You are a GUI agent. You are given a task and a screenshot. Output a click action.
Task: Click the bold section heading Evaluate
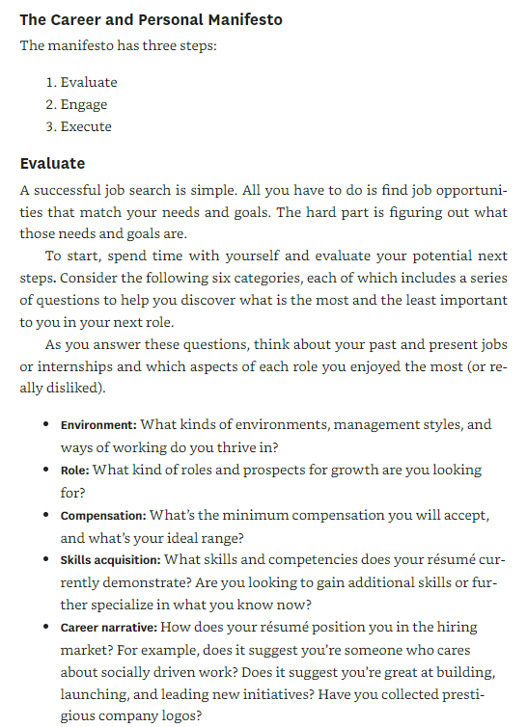(52, 163)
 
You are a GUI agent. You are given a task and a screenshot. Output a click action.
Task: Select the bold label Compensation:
(103, 515)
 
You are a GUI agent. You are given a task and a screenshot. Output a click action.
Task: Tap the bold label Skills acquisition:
(111, 559)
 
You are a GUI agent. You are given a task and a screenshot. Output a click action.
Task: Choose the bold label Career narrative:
(106, 627)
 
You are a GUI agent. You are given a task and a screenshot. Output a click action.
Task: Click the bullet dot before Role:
(46, 470)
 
